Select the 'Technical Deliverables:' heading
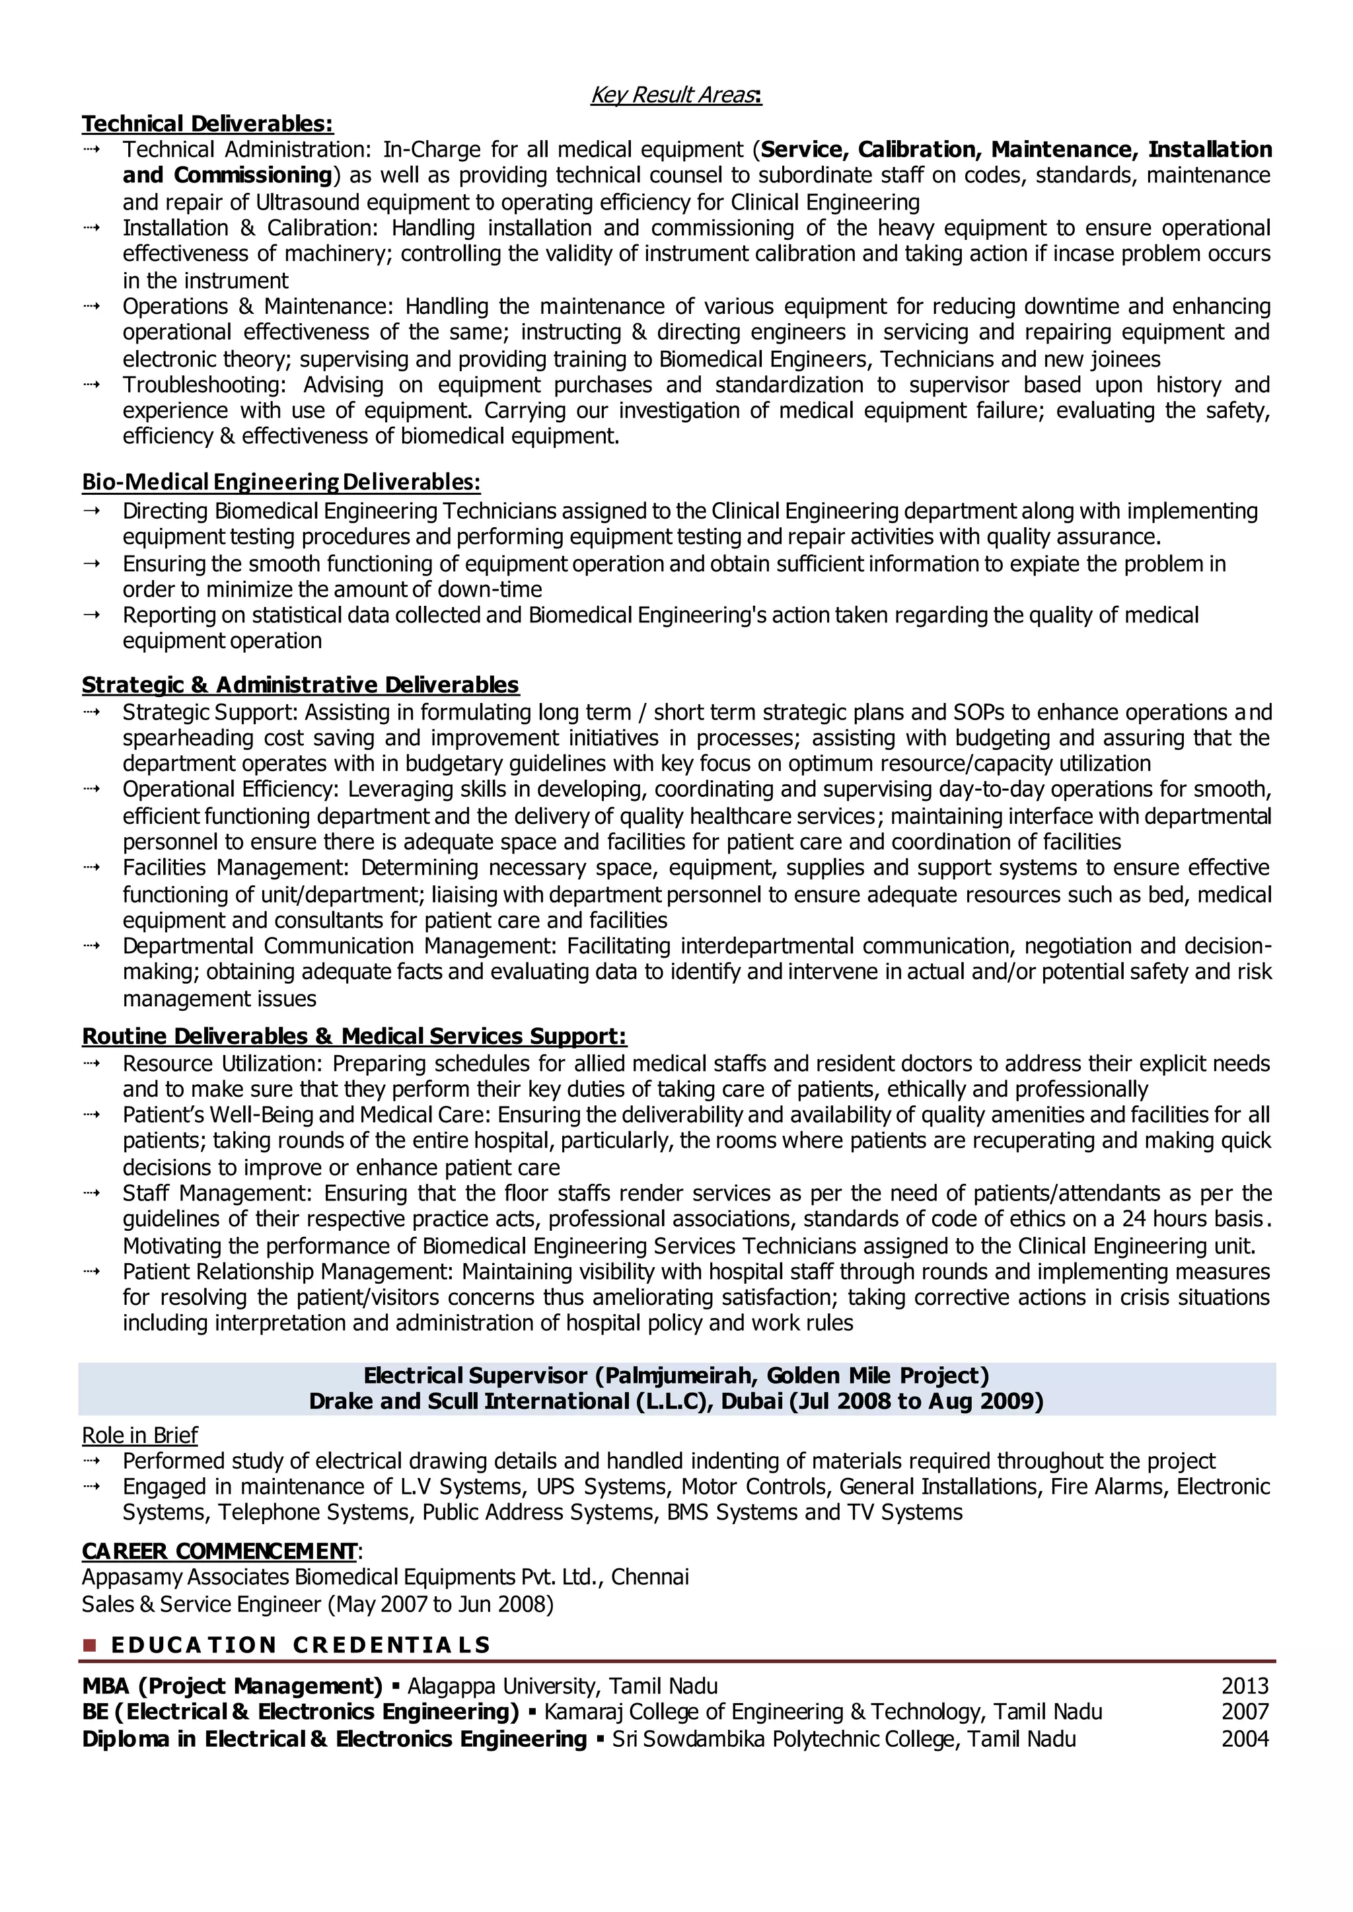[x=207, y=124]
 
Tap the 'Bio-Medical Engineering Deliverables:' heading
[x=281, y=482]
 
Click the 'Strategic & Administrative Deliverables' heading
[x=300, y=685]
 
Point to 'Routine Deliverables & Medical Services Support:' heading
[x=354, y=1037]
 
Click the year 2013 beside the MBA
[x=1244, y=1686]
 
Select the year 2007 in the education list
[x=1244, y=1712]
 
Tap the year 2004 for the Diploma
[x=1244, y=1739]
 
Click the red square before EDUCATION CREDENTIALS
[x=90, y=1645]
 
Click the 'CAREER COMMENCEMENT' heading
[x=219, y=1551]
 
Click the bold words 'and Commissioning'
[x=227, y=175]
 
